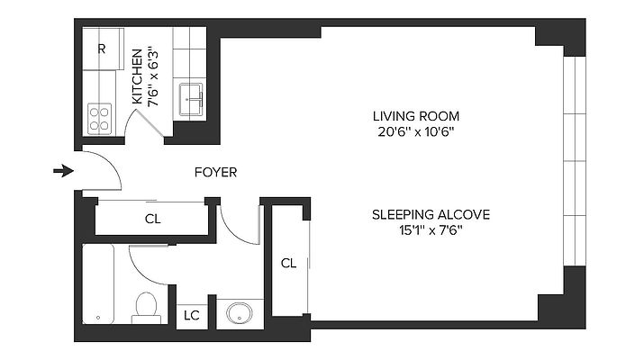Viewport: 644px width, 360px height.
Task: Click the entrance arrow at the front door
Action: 63,171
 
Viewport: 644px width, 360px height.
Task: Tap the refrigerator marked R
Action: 103,49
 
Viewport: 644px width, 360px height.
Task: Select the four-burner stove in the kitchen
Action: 100,119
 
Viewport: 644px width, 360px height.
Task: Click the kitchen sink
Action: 191,100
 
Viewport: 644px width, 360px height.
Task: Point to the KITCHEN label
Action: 137,76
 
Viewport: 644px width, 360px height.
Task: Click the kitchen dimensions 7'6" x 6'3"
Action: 153,79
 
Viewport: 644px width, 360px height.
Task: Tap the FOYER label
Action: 215,173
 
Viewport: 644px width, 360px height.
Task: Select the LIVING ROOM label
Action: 416,116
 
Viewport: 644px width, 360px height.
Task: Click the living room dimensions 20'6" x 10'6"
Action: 416,132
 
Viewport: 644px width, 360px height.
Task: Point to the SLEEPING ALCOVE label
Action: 431,215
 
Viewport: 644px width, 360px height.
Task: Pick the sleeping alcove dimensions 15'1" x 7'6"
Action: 431,230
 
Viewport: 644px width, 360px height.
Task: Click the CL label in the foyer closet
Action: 153,220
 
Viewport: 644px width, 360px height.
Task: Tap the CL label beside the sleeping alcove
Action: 288,263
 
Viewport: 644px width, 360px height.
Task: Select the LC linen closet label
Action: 192,315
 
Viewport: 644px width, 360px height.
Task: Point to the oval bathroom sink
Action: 239,313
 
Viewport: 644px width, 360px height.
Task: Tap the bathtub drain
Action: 98,318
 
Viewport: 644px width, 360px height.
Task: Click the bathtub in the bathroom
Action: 98,284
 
